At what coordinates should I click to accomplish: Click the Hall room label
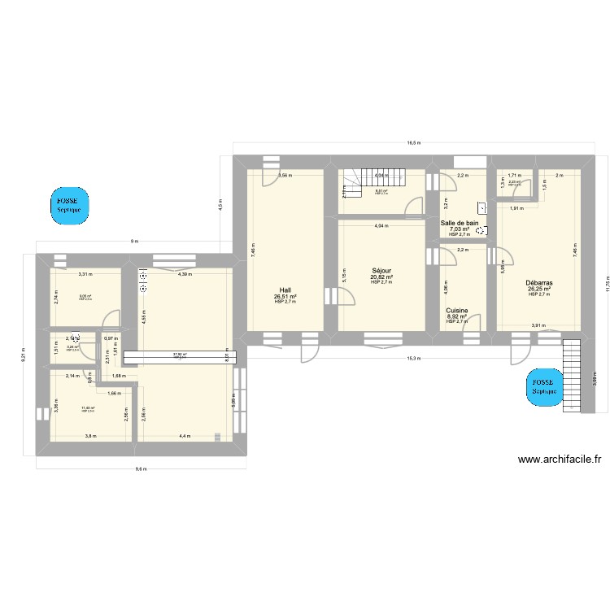point(285,290)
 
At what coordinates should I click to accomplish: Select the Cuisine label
point(456,310)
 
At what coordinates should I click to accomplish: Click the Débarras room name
point(539,282)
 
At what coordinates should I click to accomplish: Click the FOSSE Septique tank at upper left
point(68,204)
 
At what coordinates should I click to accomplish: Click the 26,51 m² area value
point(285,297)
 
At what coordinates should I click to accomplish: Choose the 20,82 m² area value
point(381,277)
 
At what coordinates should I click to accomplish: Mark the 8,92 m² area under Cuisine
point(456,316)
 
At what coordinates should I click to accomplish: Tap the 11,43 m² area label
point(87,408)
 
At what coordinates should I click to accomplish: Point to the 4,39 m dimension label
point(185,274)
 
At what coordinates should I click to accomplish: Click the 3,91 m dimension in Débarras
point(538,325)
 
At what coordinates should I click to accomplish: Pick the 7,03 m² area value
point(460,229)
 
